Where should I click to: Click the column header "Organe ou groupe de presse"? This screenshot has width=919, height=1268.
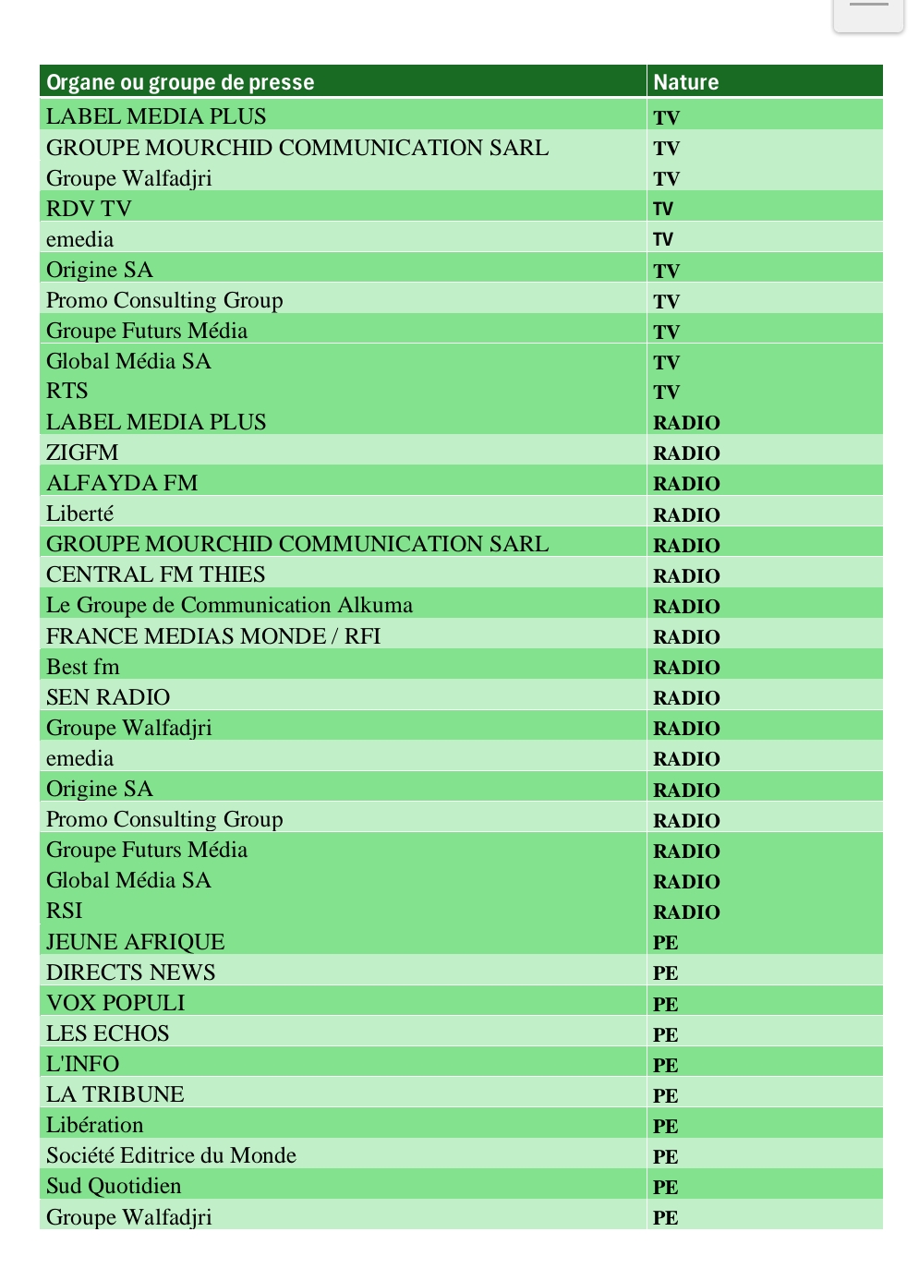pyautogui.click(x=180, y=82)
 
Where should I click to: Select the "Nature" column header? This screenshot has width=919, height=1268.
pyautogui.click(x=685, y=82)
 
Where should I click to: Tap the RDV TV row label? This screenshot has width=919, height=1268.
pyautogui.click(x=89, y=209)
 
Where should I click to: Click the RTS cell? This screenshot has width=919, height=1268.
pyautogui.click(x=67, y=391)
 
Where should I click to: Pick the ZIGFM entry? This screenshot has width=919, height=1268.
pyautogui.click(x=82, y=453)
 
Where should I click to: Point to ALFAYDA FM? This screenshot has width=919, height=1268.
pyautogui.click(x=122, y=483)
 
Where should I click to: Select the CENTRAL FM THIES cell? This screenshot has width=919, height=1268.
pyautogui.click(x=155, y=574)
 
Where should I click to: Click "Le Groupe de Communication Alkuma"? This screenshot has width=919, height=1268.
pyautogui.click(x=229, y=605)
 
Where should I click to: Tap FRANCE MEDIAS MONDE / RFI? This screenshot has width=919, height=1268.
pyautogui.click(x=213, y=636)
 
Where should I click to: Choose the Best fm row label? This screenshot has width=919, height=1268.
pyautogui.click(x=83, y=667)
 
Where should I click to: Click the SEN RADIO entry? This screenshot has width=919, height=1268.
pyautogui.click(x=108, y=697)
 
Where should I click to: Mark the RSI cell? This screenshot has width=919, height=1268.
pyautogui.click(x=65, y=911)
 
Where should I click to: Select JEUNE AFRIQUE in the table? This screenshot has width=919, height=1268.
pyautogui.click(x=136, y=942)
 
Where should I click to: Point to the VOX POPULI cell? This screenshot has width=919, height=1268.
pyautogui.click(x=115, y=1003)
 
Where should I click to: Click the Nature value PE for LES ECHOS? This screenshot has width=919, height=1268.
pyautogui.click(x=665, y=1034)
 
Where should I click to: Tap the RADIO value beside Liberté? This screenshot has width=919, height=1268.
pyautogui.click(x=686, y=514)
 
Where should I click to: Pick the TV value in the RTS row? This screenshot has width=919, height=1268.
pyautogui.click(x=666, y=392)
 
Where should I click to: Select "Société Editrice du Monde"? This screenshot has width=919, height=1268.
pyautogui.click(x=171, y=1155)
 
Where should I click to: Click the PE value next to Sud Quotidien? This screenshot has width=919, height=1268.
pyautogui.click(x=665, y=1187)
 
